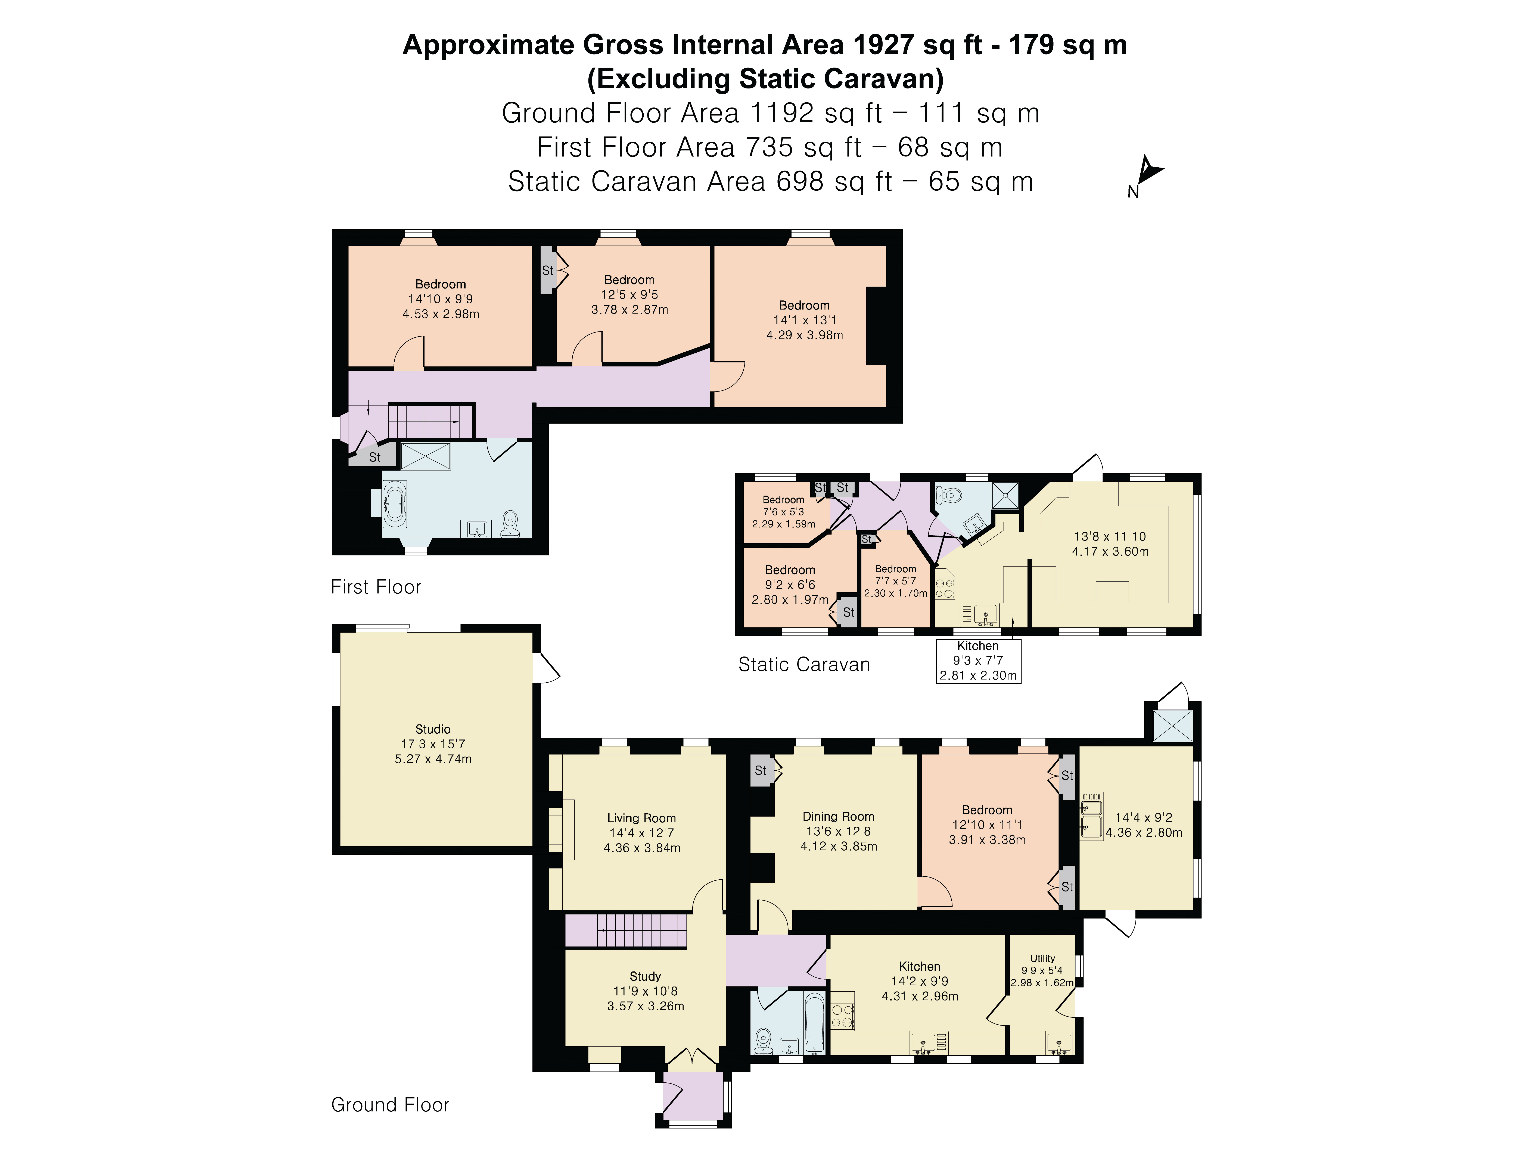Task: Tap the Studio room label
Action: point(433,729)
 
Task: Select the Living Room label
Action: point(641,818)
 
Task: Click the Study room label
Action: point(645,976)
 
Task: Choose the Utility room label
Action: point(1042,958)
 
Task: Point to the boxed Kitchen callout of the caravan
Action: point(978,660)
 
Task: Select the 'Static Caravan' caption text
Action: point(804,664)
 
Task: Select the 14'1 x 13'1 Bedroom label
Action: point(804,320)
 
